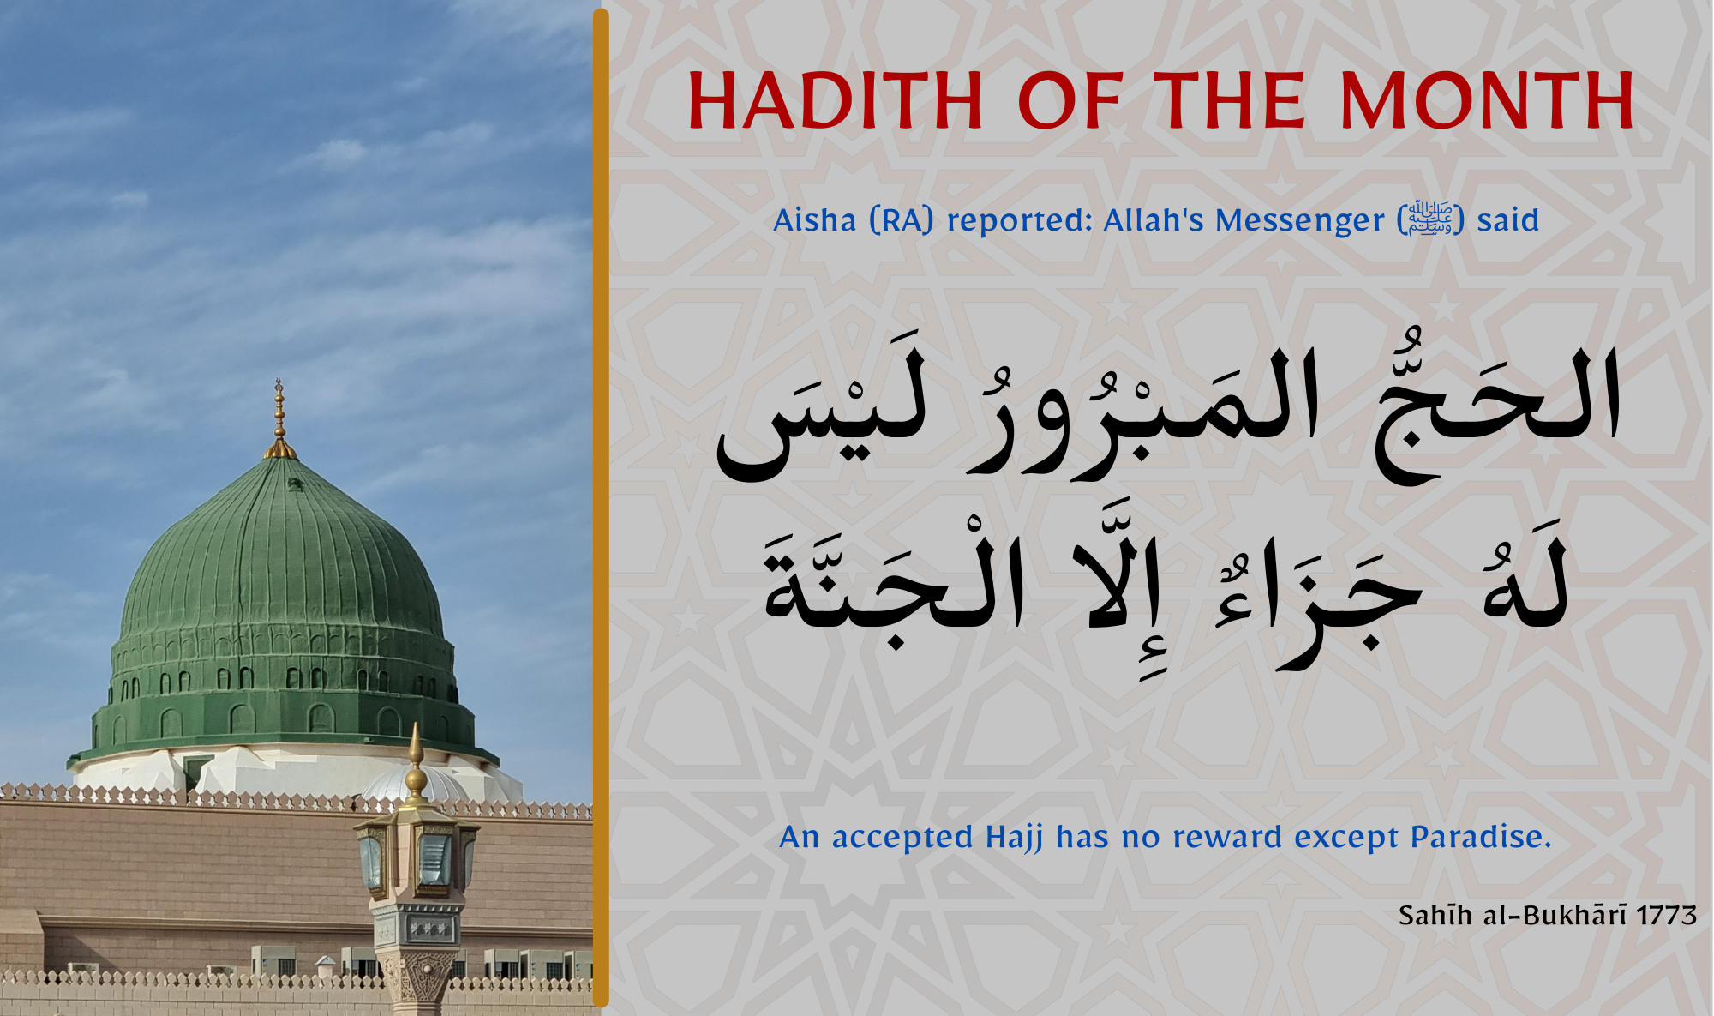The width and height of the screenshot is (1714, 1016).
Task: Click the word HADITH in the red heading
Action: pyautogui.click(x=835, y=100)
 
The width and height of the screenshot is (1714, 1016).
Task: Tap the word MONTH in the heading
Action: pyautogui.click(x=1488, y=100)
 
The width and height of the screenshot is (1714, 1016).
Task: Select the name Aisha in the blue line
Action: pyautogui.click(x=814, y=220)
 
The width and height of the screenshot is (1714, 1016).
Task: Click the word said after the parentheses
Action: pyautogui.click(x=1507, y=220)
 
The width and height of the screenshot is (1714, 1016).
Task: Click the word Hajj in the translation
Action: pyautogui.click(x=1015, y=837)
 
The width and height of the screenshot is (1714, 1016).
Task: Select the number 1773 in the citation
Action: pyautogui.click(x=1666, y=916)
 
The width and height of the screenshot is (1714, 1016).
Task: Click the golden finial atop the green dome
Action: pyautogui.click(x=279, y=419)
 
